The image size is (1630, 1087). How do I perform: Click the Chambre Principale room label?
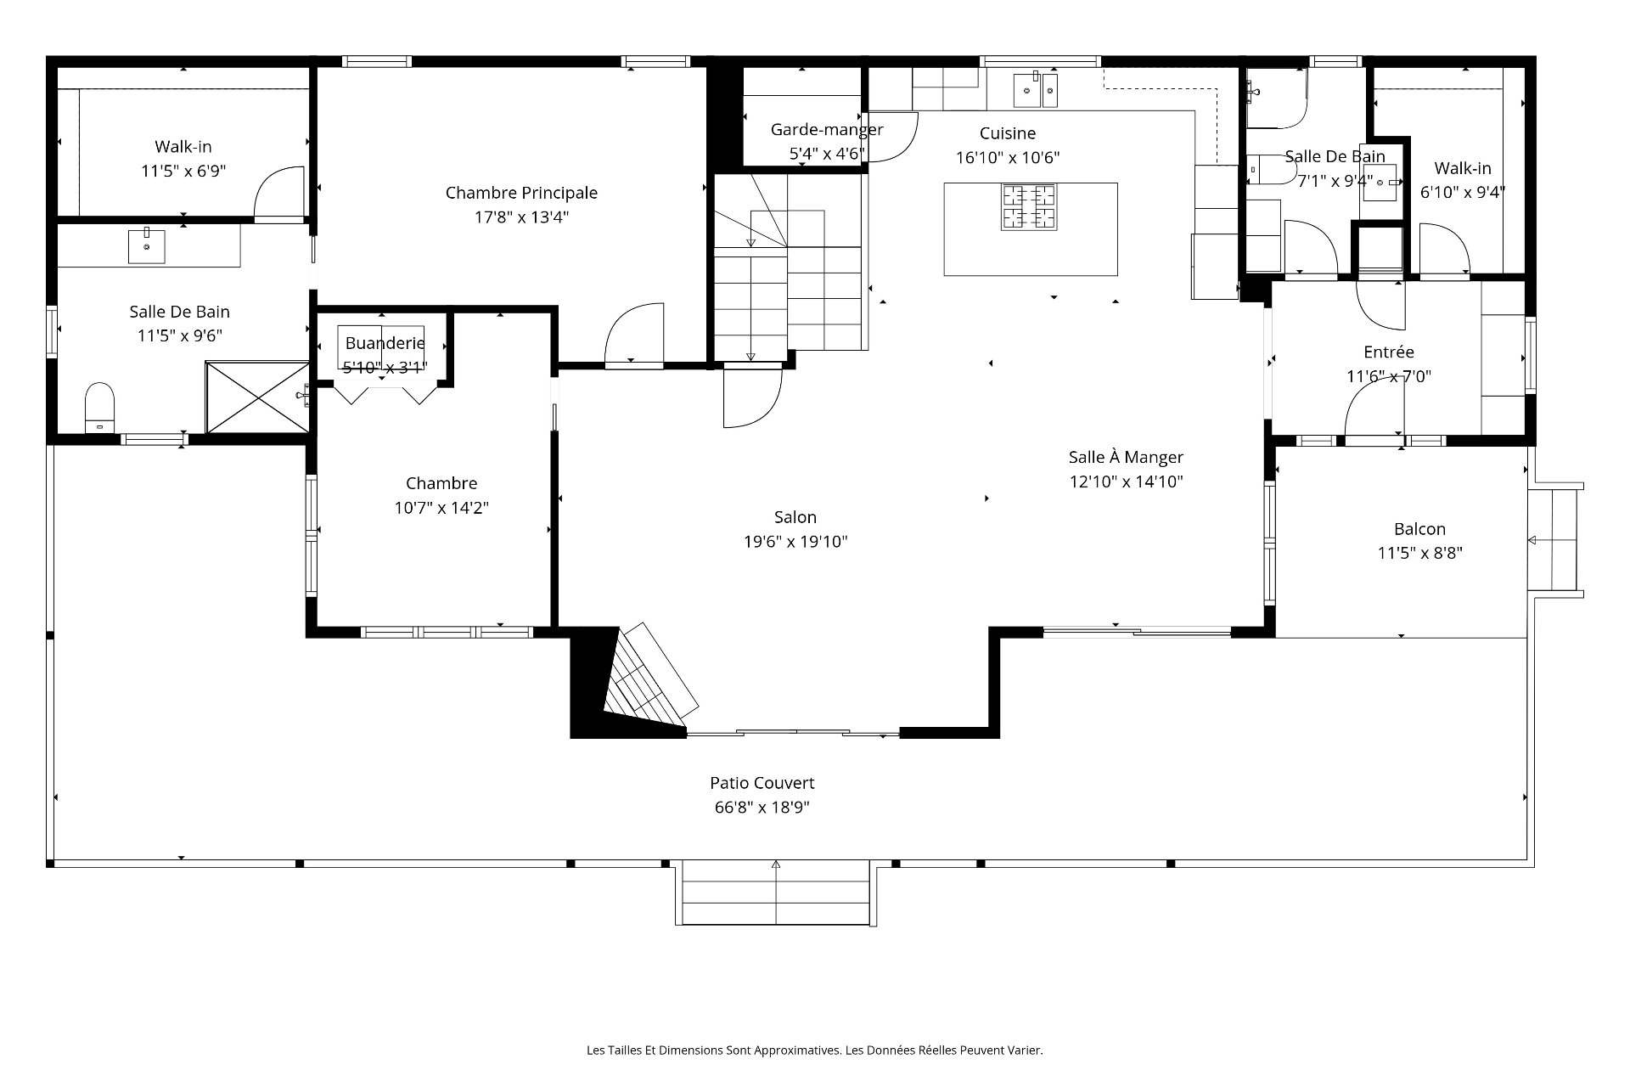click(521, 193)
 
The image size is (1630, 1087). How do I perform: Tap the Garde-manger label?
click(827, 130)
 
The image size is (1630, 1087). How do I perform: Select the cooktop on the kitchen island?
click(1029, 206)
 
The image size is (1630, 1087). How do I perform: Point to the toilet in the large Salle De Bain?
click(100, 408)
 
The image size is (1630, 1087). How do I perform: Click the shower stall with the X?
click(257, 397)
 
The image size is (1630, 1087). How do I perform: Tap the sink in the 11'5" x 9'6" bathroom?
click(148, 245)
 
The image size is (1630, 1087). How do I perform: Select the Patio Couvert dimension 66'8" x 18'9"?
click(762, 808)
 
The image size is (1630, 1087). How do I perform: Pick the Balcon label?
click(1419, 529)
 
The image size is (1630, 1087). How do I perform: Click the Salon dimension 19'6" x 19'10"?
click(795, 542)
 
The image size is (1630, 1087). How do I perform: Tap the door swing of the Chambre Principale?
click(633, 335)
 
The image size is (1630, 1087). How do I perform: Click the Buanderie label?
click(385, 344)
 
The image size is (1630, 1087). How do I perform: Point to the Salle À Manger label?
click(1126, 457)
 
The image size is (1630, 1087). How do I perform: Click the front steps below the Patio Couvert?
click(776, 893)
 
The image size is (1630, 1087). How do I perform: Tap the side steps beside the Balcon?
click(1555, 539)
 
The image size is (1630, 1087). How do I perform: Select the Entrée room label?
click(1389, 352)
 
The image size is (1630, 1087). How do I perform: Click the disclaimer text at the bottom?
click(815, 1050)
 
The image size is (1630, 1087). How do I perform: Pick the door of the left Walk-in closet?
click(279, 193)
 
